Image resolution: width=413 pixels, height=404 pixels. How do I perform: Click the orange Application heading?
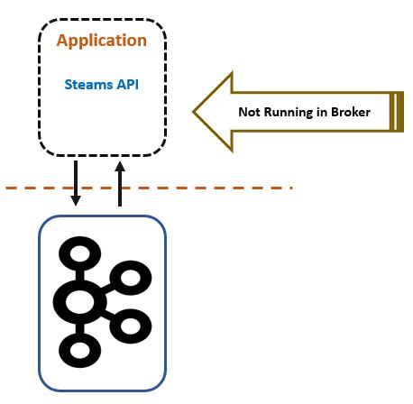101,41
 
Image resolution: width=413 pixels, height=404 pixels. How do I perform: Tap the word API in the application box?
126,85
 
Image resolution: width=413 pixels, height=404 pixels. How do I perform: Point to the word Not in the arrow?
250,113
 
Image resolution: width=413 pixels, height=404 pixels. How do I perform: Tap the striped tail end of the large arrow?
395,112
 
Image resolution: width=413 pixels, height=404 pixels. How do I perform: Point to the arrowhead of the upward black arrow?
119,168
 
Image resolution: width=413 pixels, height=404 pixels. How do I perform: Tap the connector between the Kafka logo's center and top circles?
79,270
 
